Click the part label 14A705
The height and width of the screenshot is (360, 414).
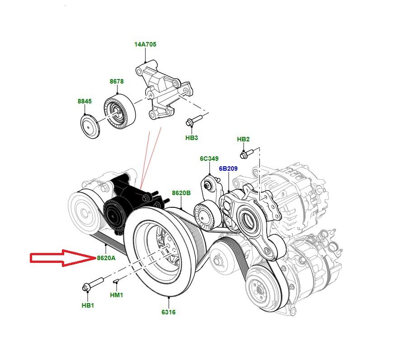point(146,45)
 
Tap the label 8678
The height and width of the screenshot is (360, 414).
point(117,82)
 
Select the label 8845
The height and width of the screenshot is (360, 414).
point(85,102)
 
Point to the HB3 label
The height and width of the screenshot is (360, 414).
point(192,138)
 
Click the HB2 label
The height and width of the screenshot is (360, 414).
point(244,140)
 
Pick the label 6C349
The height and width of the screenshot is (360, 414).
point(209,159)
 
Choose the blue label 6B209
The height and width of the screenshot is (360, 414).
point(228,169)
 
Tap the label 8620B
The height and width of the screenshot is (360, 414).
point(181,193)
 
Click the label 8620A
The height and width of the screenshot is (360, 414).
point(106,258)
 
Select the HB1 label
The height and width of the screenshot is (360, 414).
point(88,305)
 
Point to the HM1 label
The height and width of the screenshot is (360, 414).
point(117,295)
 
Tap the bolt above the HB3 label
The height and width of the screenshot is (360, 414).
point(192,121)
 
